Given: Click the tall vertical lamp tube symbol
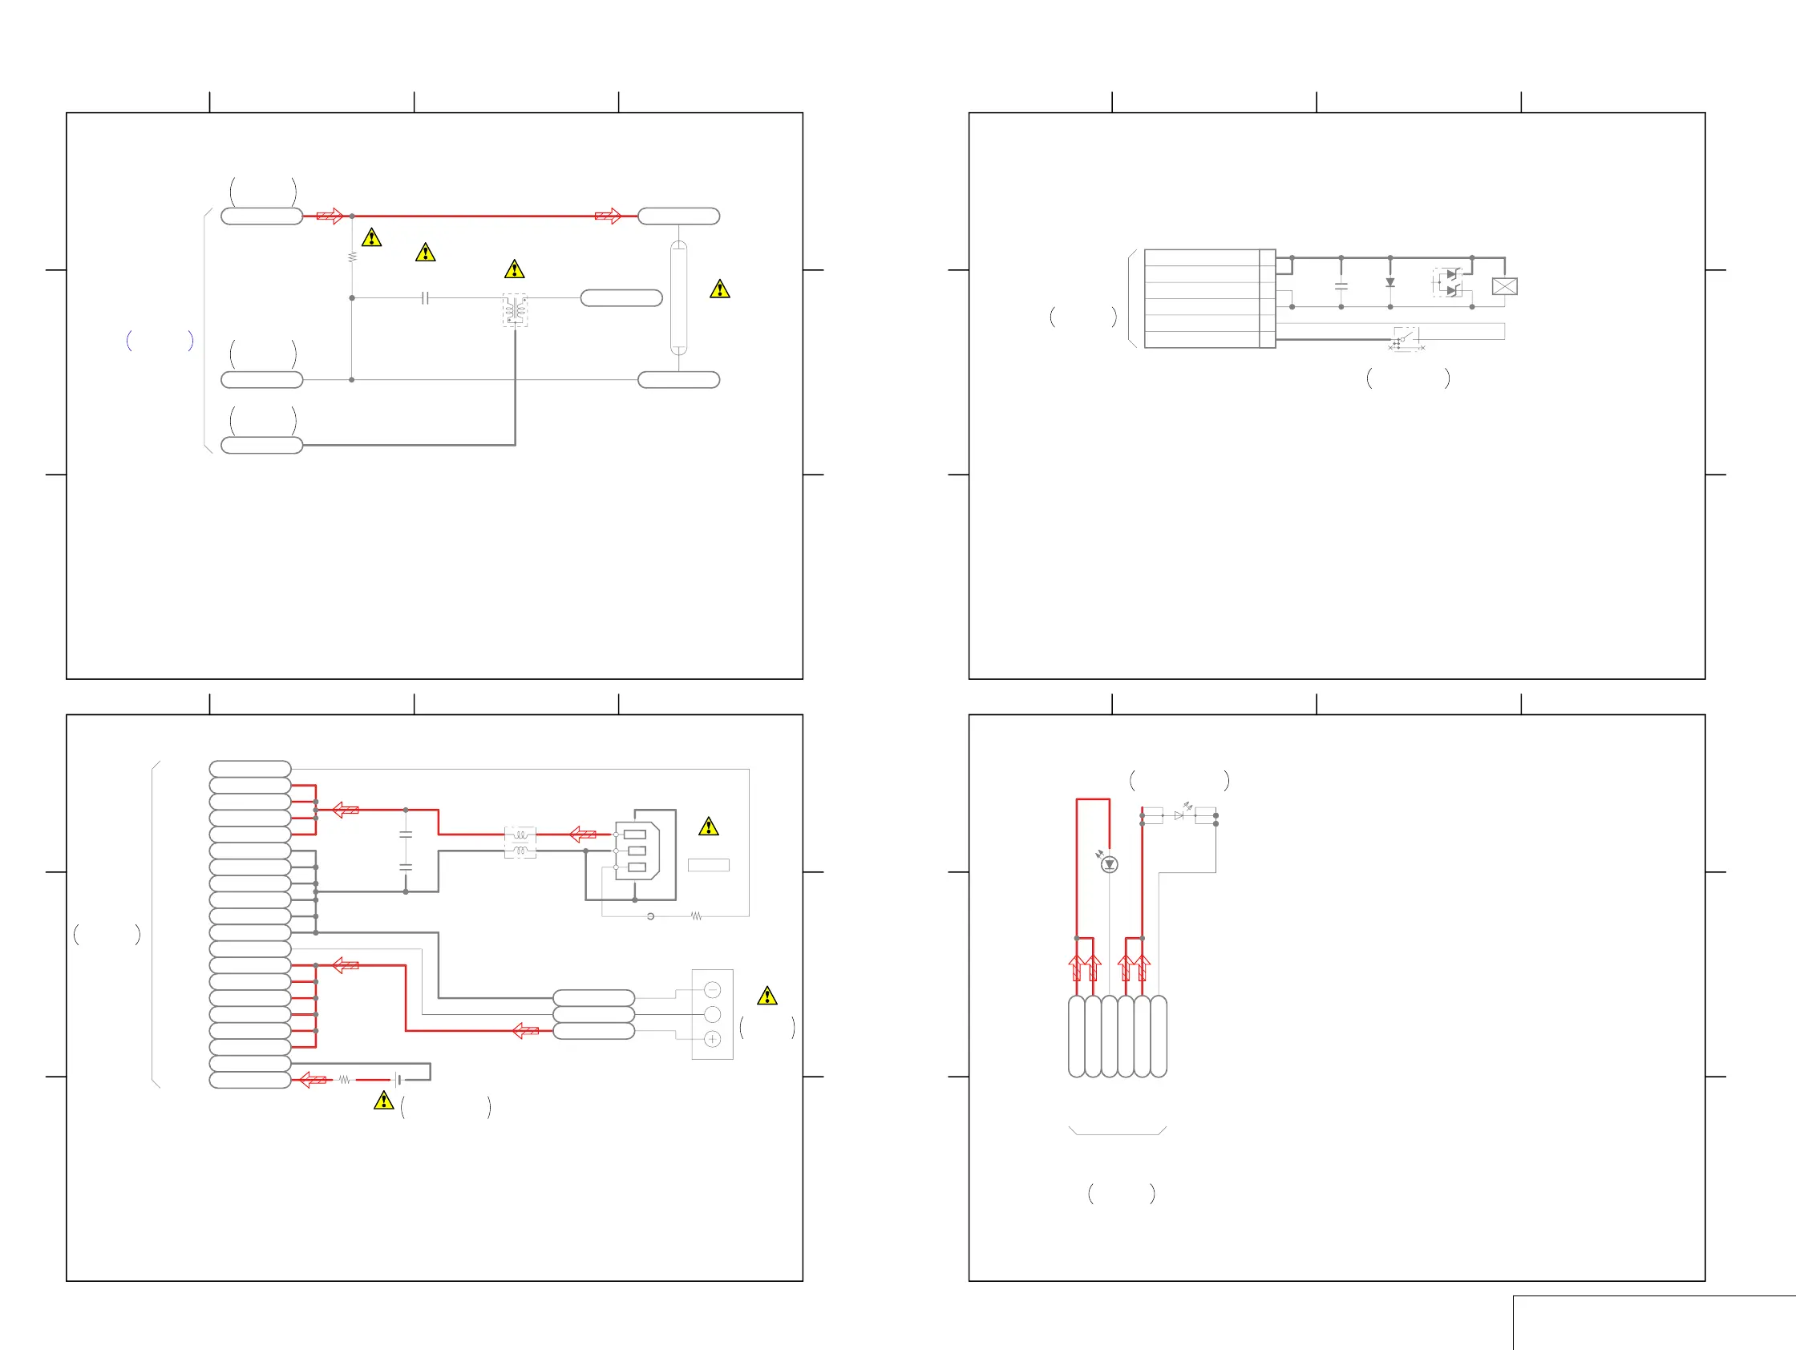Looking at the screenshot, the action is [x=678, y=298].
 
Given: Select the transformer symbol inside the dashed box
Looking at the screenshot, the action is [x=515, y=310].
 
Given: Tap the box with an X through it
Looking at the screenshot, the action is [x=1503, y=286].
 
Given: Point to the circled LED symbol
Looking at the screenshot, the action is [x=1109, y=864].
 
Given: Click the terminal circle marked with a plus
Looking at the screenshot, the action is [x=712, y=1039].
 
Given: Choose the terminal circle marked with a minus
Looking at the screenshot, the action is [x=712, y=989].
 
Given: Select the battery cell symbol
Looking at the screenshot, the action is [x=398, y=1080].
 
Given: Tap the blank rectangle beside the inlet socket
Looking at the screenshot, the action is [x=708, y=865].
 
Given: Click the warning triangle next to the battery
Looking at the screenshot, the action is [x=383, y=1101].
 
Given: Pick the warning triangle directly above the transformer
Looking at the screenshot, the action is [x=514, y=269].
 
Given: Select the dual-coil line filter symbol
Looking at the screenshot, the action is [x=520, y=843].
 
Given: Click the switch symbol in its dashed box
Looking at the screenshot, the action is [x=1406, y=337].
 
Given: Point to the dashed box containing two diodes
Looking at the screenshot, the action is [x=1448, y=282].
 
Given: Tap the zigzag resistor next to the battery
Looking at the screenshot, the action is [x=344, y=1080].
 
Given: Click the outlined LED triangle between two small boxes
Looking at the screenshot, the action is [x=1179, y=815].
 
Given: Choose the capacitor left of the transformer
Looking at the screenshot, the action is [x=425, y=298].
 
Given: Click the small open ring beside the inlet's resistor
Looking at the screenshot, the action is [x=650, y=916].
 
